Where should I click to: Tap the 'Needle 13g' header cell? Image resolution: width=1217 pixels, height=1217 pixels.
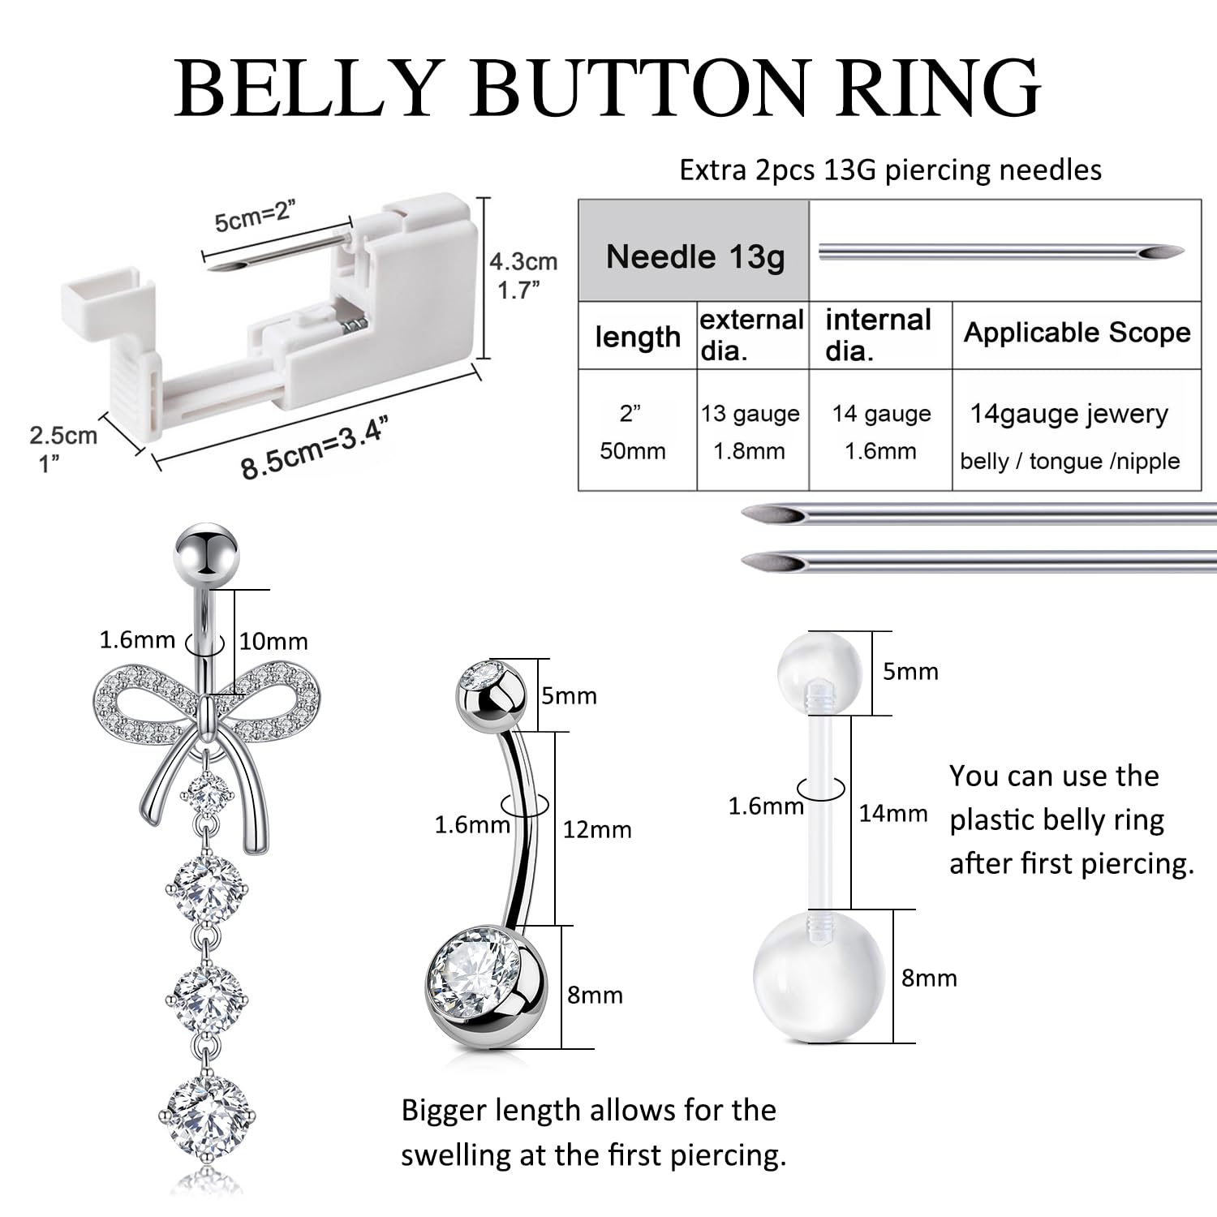(695, 256)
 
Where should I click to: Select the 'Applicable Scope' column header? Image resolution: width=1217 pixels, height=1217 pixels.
(1077, 333)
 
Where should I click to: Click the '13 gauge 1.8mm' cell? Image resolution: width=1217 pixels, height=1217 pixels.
(750, 432)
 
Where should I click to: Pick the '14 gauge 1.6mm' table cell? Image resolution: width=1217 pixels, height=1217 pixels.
(881, 432)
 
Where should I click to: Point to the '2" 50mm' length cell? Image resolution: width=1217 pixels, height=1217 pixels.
(632, 432)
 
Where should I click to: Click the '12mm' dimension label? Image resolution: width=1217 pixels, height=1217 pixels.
(597, 830)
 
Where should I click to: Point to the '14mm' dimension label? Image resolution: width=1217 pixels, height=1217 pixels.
(893, 813)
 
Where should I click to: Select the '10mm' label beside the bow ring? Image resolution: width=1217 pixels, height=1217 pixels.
(273, 642)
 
